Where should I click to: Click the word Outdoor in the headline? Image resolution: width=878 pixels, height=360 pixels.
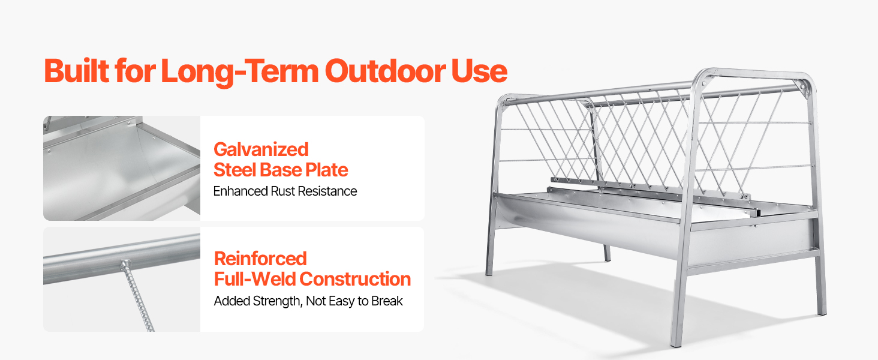(385, 71)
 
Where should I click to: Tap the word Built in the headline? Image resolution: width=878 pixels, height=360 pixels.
(77, 71)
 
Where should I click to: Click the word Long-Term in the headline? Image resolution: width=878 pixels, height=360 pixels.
(239, 72)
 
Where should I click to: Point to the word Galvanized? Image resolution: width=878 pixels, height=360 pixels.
(261, 149)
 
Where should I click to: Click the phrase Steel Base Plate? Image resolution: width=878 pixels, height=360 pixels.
(281, 170)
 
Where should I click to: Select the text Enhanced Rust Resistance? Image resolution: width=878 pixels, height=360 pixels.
(285, 191)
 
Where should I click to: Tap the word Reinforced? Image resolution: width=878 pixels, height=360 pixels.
(260, 259)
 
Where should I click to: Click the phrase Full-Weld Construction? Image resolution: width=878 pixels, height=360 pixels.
(312, 279)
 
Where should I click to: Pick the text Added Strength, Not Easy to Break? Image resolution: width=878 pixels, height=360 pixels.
(308, 301)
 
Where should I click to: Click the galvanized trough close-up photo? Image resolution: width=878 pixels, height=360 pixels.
(122, 168)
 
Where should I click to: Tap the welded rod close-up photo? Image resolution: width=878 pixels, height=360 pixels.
(122, 279)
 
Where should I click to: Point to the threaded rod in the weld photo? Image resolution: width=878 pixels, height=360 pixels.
(138, 296)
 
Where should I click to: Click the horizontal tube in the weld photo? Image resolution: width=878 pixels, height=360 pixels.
(122, 259)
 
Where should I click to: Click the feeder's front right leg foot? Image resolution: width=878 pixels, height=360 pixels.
(676, 344)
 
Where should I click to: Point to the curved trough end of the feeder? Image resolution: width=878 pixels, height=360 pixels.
(510, 212)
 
